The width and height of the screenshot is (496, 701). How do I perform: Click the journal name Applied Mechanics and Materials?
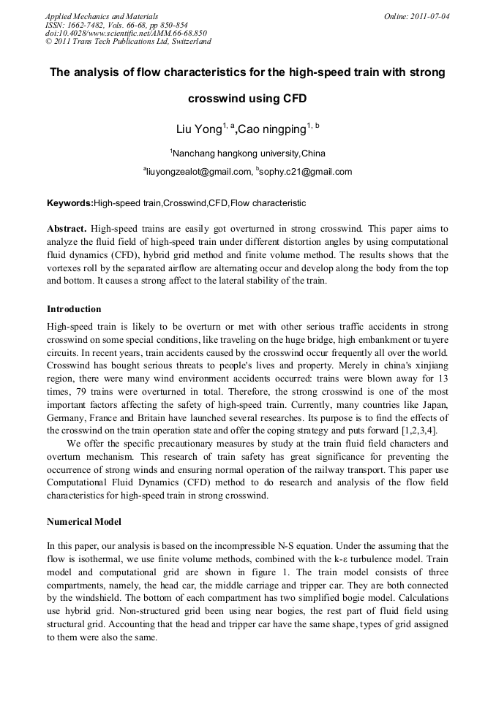coord(101,15)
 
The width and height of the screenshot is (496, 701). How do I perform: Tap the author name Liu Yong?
coord(198,129)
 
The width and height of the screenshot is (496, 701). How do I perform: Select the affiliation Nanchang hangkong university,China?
coord(249,154)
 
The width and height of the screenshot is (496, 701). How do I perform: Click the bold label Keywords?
coord(70,203)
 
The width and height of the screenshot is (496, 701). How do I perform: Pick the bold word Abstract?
coord(67,229)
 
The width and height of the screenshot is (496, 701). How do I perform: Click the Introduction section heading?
coord(74,309)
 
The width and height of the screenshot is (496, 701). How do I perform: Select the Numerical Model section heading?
coord(84,523)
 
